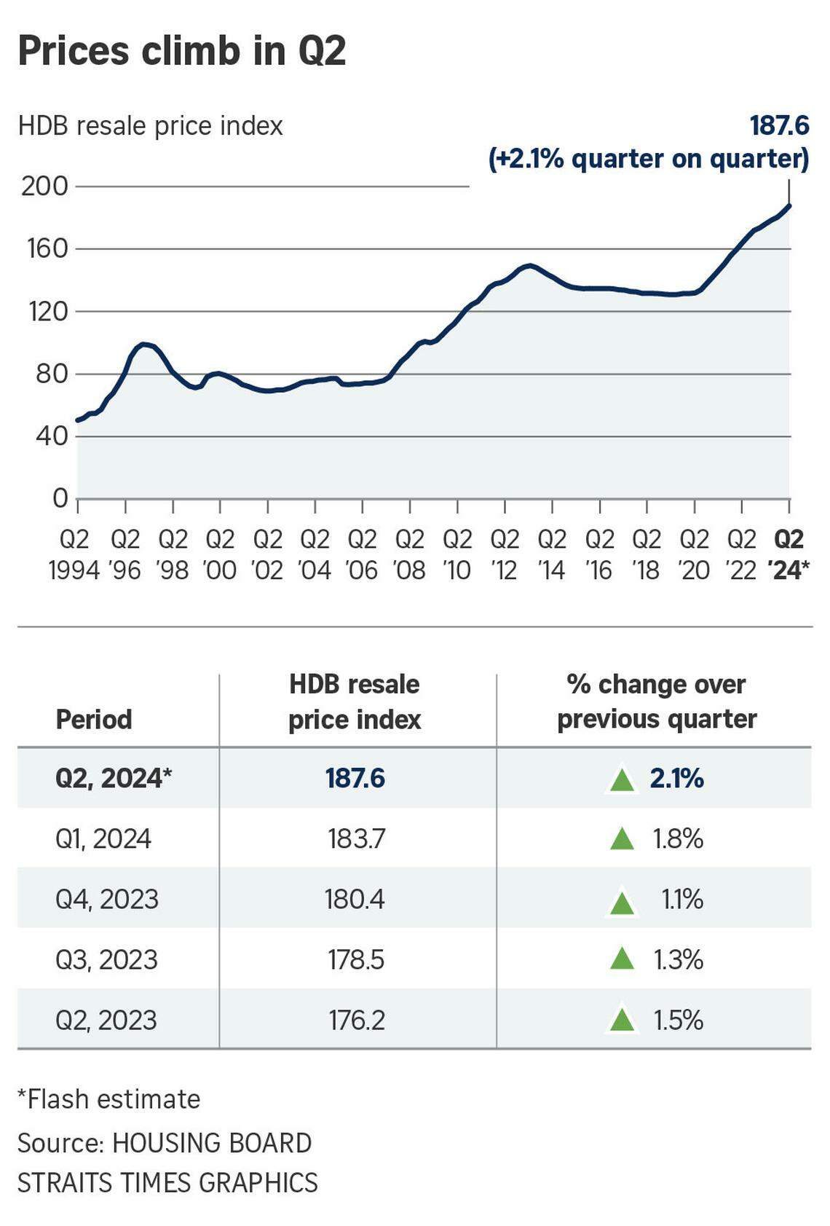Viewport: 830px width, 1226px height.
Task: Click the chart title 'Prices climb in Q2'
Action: point(181,51)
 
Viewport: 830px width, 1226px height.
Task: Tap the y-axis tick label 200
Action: point(44,186)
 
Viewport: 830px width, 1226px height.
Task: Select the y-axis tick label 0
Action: point(60,499)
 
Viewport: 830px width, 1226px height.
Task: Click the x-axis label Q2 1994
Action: point(74,554)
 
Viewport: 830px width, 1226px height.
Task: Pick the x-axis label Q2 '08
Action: point(410,554)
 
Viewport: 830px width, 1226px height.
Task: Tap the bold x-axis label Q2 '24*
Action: point(788,554)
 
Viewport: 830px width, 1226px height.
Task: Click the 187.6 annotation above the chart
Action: point(779,126)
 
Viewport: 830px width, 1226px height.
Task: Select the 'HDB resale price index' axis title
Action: point(150,126)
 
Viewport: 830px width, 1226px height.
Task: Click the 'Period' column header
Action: point(94,720)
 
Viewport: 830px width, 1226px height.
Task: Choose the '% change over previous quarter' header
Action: point(657,702)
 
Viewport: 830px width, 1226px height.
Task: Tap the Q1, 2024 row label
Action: point(103,839)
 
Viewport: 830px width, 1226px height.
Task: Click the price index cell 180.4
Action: point(355,900)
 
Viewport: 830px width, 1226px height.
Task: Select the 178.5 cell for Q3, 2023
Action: point(355,960)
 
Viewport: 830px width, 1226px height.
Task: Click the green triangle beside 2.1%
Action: point(621,779)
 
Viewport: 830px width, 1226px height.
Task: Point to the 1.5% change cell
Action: point(678,1021)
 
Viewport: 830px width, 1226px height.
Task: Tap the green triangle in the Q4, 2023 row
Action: point(621,902)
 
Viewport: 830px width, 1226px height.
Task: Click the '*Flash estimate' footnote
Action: point(108,1099)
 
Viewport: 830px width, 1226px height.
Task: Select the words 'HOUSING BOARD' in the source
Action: point(212,1143)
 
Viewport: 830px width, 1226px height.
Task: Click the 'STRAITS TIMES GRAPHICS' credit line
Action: point(167,1182)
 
